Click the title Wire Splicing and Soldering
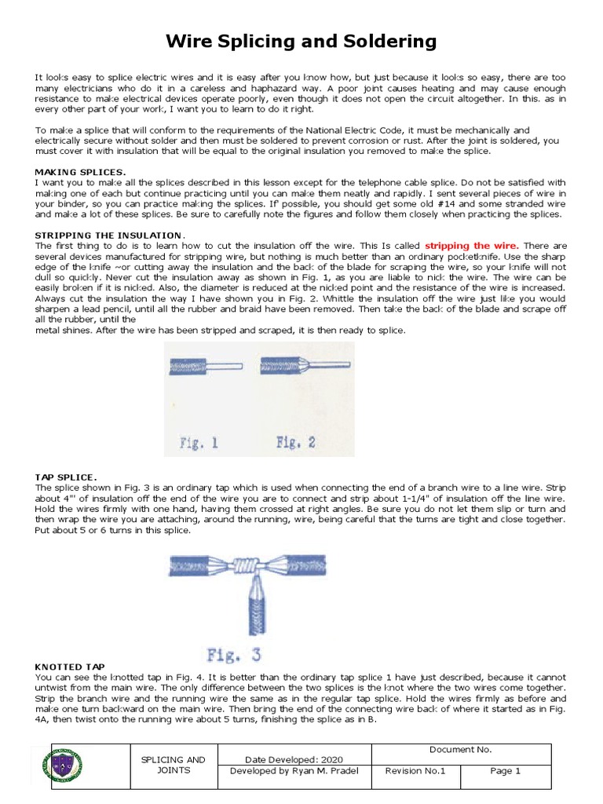301,41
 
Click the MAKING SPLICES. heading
80,172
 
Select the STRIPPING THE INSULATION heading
108,236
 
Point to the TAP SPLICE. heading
66,477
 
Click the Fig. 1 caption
199,443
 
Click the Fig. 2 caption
296,443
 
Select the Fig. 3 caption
233,655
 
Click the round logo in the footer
64,766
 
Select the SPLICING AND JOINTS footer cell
173,766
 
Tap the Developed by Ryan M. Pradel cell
290,771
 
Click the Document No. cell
460,750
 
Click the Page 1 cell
506,771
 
